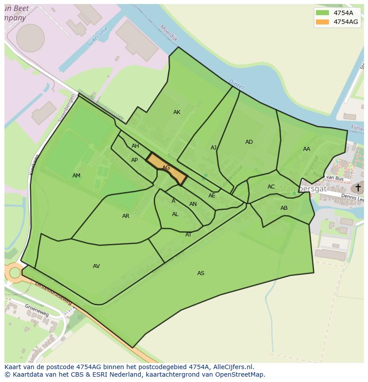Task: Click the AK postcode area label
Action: [x=177, y=112]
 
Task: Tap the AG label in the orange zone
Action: [x=166, y=168]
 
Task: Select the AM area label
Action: [x=76, y=176]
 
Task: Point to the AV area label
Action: [x=96, y=266]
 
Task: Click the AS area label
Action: [x=201, y=273]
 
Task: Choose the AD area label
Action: [x=249, y=142]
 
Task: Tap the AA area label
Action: [x=307, y=149]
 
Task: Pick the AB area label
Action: [x=284, y=208]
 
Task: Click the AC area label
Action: [x=271, y=187]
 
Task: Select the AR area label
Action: [x=126, y=216]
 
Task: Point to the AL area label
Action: [x=175, y=214]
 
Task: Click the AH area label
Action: [x=135, y=146]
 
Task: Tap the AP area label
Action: [x=134, y=160]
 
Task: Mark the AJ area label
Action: [x=214, y=148]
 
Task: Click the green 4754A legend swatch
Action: [x=322, y=13]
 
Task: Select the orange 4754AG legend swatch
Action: [x=322, y=22]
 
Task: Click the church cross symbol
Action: [x=358, y=188]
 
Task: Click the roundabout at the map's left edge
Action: [x=15, y=272]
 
